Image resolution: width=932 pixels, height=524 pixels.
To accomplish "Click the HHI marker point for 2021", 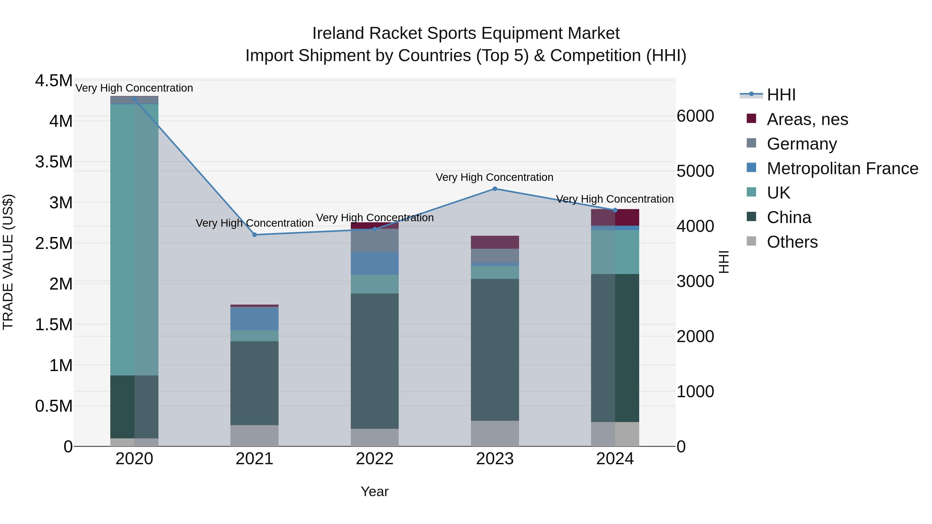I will tap(254, 235).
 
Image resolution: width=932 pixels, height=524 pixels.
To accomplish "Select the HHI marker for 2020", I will tap(134, 99).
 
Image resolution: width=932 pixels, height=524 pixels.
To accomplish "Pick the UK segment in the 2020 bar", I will tap(134, 239).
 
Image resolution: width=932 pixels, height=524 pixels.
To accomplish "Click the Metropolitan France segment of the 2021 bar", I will tap(254, 319).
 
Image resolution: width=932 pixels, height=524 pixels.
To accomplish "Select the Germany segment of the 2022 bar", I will tap(374, 240).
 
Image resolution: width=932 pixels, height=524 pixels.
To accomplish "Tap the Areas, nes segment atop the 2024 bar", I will tap(615, 218).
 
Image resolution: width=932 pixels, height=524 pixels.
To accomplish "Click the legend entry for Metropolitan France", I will tap(842, 168).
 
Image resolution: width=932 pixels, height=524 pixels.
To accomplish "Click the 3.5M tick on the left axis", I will tap(54, 162).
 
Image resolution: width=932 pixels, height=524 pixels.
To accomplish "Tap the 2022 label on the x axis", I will tap(374, 459).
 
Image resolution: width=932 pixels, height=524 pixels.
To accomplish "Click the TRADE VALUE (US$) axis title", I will tap(8, 262).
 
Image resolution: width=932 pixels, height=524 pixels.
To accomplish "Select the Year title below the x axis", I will tap(374, 491).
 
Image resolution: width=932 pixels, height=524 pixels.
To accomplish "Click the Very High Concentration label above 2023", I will tap(494, 177).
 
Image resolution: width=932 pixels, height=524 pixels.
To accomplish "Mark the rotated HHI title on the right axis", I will tap(724, 262).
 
